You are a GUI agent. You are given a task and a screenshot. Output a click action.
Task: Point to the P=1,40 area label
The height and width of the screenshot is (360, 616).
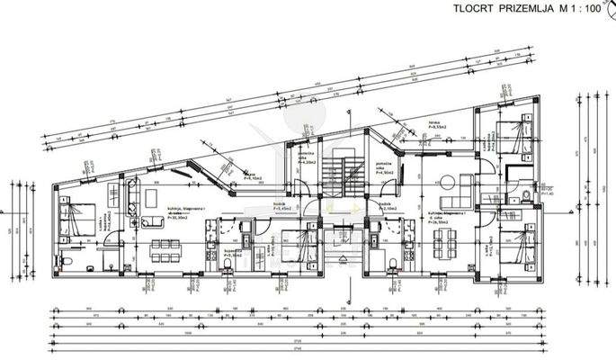549,192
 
